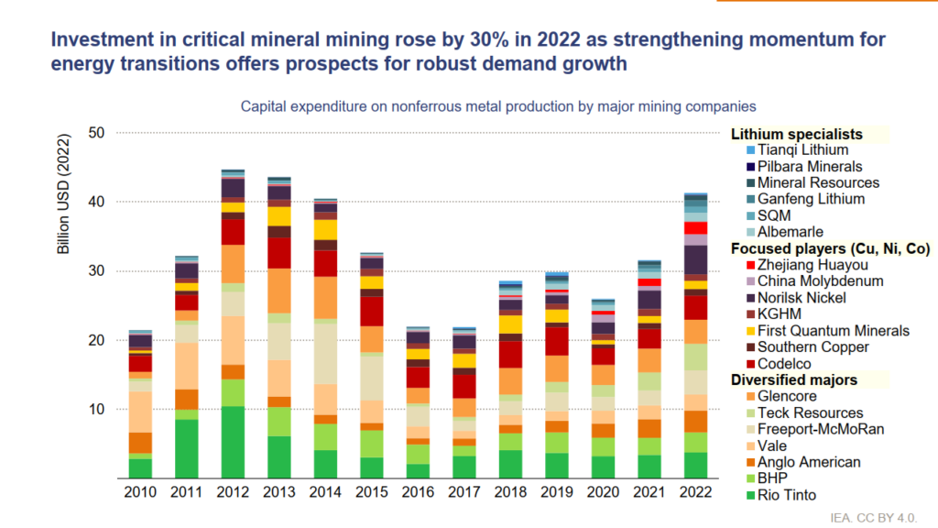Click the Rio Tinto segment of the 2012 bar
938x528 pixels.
233,443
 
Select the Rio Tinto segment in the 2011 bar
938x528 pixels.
187,449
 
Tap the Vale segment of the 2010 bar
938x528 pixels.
140,412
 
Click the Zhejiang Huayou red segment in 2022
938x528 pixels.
695,228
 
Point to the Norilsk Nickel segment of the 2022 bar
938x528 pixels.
695,259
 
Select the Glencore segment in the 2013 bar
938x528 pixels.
279,291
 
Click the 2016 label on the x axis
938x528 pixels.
418,492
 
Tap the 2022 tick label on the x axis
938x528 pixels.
695,492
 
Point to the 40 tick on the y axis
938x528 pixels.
96,202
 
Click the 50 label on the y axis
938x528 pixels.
96,133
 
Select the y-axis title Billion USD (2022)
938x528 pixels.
63,193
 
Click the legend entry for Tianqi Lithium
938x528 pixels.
797,150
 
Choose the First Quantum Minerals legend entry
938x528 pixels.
827,331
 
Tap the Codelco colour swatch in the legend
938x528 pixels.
751,364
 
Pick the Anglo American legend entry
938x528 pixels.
803,462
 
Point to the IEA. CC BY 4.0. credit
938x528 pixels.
873,518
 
